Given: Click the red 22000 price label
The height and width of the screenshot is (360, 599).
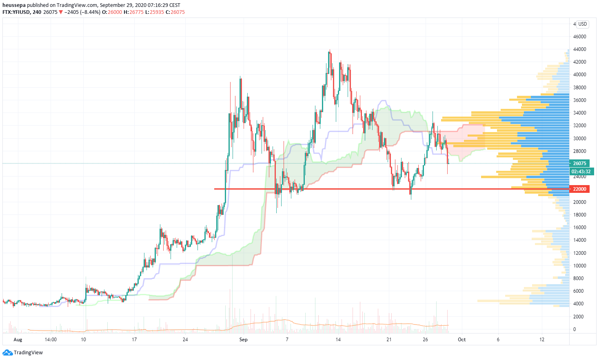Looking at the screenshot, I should point(579,189).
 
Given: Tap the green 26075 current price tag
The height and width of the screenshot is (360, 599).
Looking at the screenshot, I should point(579,163).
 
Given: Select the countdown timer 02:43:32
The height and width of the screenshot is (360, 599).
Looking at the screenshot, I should point(581,172).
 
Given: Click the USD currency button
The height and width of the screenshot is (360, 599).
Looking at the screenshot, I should point(582,24).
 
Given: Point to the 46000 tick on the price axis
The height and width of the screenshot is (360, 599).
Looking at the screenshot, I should point(579,37).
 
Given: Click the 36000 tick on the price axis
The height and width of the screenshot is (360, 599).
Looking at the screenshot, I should point(579,100).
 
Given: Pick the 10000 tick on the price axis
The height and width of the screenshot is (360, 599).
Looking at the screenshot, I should point(579,266).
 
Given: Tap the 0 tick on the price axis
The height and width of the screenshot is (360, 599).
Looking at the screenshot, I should point(575,329).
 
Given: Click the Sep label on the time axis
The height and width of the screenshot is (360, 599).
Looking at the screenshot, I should point(243,340).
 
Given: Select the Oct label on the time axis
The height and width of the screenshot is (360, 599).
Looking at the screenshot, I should point(461,340).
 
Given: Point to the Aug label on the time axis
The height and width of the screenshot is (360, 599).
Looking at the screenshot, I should point(18,340).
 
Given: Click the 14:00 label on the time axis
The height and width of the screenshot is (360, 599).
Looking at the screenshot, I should point(51,340).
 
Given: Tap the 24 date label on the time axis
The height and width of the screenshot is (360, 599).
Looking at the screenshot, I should point(185,340).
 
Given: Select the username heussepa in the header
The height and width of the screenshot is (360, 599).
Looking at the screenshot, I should point(14,5).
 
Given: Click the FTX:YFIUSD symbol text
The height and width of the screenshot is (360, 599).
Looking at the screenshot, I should point(16,12).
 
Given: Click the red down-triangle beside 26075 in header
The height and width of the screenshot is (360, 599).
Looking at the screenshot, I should point(61,12).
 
